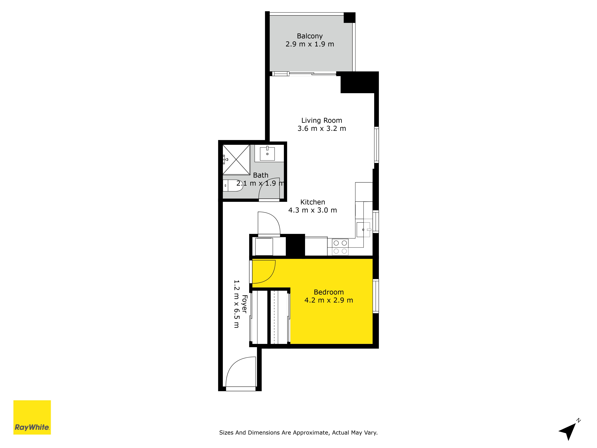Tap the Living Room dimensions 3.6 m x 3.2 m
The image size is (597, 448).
pos(322,129)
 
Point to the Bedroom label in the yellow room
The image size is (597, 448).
pos(329,292)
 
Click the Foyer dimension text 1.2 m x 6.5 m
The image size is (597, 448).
pos(236,304)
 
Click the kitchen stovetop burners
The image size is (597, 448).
pos(340,247)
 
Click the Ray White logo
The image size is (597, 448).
pos(32,417)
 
